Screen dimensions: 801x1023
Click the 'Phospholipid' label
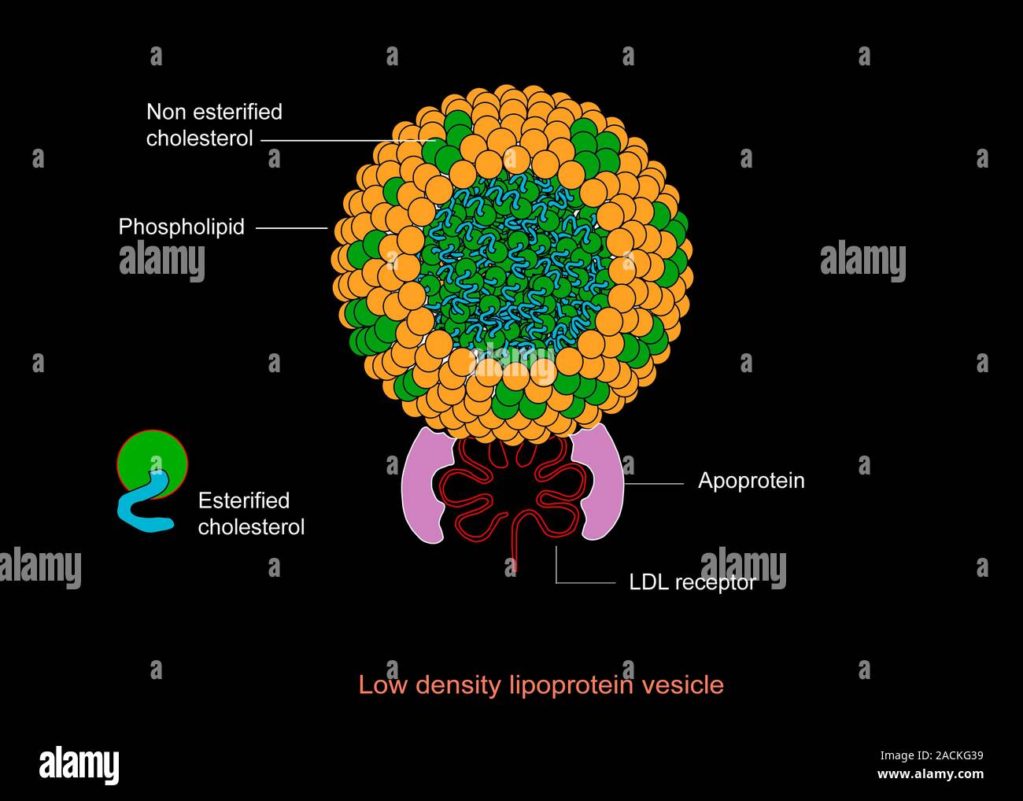(181, 227)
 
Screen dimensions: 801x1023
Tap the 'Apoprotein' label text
(751, 481)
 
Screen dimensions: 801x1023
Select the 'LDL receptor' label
(692, 582)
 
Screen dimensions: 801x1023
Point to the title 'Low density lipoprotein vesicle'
(541, 685)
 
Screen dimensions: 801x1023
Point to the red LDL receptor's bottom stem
(515, 551)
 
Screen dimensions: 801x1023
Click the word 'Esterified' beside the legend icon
(243, 500)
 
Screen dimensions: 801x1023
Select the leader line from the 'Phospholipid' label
(291, 228)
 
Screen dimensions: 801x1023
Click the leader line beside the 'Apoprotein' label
(653, 484)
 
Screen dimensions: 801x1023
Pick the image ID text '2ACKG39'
(954, 756)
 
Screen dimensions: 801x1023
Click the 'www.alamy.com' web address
(930, 773)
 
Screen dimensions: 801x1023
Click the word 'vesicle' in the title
(683, 685)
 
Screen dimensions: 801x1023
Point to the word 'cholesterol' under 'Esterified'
(251, 526)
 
